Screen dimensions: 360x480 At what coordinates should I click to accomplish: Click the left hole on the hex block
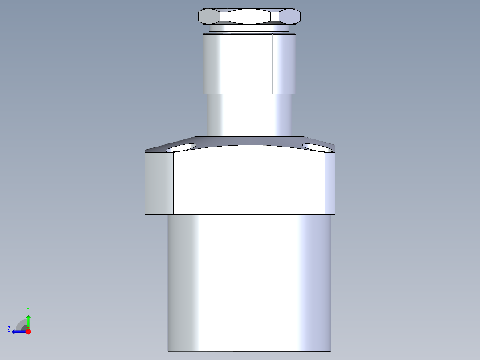click(x=182, y=147)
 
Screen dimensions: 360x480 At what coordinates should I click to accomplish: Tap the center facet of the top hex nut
click(x=249, y=16)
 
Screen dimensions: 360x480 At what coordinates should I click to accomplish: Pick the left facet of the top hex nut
click(x=209, y=16)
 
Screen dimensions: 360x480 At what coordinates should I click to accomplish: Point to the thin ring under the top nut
click(x=248, y=29)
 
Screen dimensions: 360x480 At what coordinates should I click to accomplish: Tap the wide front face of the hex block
click(x=248, y=183)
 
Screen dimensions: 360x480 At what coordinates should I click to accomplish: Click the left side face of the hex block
click(x=159, y=183)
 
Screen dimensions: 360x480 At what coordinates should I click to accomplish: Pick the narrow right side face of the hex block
click(x=329, y=183)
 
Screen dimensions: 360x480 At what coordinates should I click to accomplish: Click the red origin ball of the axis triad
click(x=28, y=331)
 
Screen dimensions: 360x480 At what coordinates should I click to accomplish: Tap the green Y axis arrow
click(x=28, y=321)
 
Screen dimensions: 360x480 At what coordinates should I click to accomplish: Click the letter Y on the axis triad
click(x=28, y=309)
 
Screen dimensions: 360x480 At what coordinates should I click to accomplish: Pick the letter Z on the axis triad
click(x=9, y=329)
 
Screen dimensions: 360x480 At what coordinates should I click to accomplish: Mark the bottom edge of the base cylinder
click(x=249, y=351)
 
